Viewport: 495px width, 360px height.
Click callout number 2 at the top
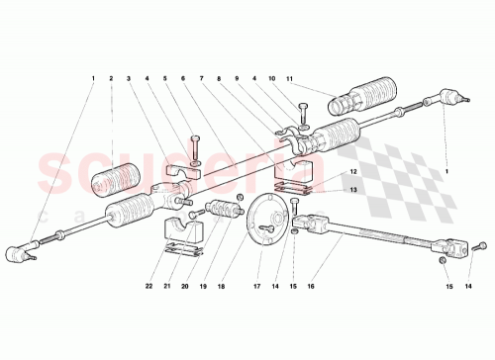(112, 78)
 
